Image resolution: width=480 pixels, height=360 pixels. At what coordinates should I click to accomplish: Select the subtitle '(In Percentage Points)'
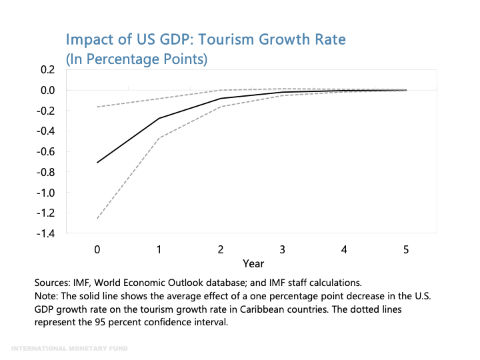[136, 59]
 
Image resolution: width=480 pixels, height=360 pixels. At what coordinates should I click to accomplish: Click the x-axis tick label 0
[97, 250]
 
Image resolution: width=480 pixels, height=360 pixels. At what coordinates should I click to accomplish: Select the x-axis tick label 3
[283, 250]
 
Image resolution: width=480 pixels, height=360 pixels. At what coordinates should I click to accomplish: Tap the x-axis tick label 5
[406, 250]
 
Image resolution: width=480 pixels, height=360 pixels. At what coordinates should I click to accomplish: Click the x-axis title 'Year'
[253, 263]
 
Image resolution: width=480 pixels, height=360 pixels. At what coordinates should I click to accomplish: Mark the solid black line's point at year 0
[97, 163]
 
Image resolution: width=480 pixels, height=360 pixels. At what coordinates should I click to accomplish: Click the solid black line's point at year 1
[159, 119]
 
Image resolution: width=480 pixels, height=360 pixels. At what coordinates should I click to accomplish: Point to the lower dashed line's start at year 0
[97, 218]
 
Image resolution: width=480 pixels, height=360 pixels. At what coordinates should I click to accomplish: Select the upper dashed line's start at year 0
[97, 107]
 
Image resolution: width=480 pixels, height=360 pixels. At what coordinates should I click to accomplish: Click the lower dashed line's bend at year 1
[159, 138]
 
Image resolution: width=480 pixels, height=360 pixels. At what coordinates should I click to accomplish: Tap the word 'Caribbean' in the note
[303, 309]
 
